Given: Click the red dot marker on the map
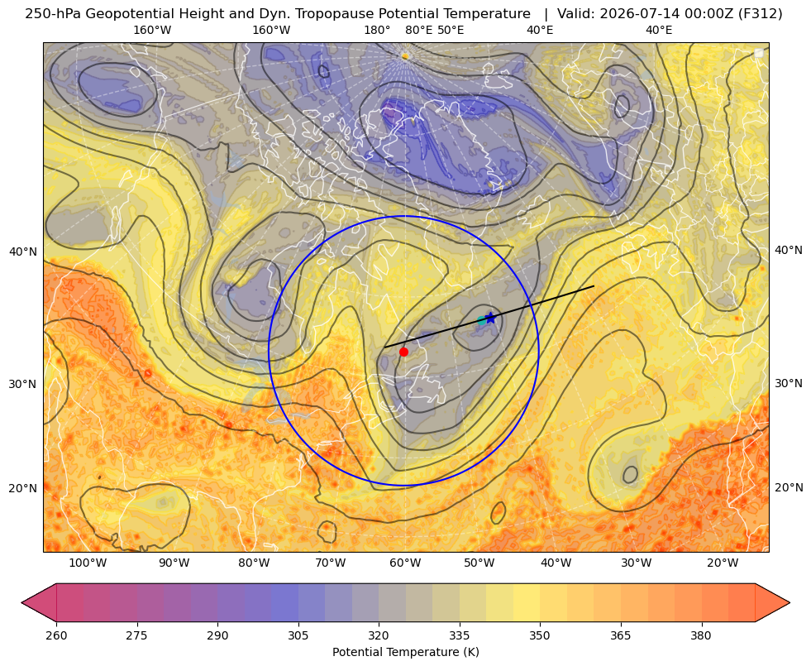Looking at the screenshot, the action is (403, 352).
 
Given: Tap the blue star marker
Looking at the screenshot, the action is (490, 319).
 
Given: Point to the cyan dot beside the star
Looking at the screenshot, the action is (481, 320).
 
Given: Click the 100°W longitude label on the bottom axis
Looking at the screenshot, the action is (88, 563).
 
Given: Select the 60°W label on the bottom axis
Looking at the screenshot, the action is (405, 563).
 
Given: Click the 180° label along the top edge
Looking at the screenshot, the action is (377, 30).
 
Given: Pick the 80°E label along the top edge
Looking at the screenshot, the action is (418, 30).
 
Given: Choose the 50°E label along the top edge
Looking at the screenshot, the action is (451, 30).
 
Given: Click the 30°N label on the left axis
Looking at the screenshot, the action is (23, 384).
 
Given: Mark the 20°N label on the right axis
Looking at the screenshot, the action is (789, 487).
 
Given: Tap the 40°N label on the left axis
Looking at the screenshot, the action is (23, 252).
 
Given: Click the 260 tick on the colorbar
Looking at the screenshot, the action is (56, 635).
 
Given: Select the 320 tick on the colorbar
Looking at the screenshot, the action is (379, 635).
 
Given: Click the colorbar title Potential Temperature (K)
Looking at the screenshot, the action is (405, 652).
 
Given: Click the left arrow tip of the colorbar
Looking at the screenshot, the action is (21, 602).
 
